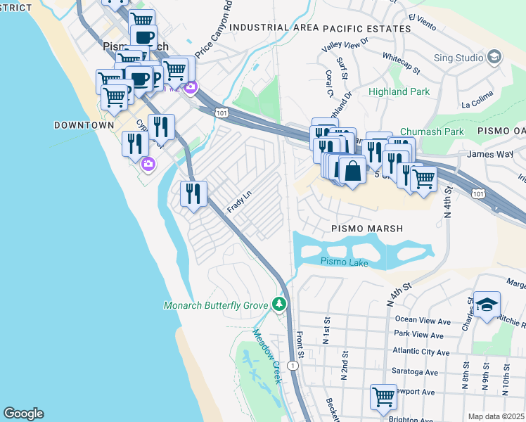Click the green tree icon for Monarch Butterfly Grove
281,304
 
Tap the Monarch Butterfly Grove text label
216,305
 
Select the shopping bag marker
352,171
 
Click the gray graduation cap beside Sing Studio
494,56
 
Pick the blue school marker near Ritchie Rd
487,305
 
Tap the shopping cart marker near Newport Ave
383,397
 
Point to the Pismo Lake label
344,262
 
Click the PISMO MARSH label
367,229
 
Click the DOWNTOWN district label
84,124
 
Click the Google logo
23,414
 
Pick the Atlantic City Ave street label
421,352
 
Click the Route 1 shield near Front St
293,366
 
